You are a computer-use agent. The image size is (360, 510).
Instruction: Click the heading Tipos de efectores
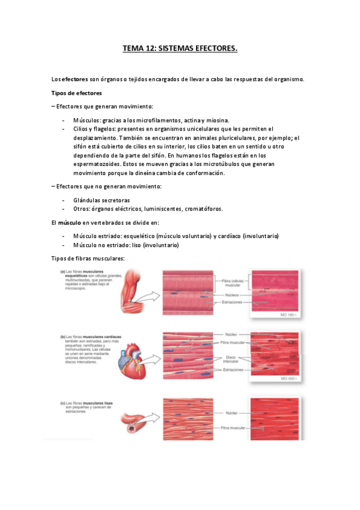point(76,93)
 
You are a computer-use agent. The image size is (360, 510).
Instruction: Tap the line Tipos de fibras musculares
point(88,258)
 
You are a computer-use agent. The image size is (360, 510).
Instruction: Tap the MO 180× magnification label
point(291,314)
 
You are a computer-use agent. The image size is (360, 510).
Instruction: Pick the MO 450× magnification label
point(291,379)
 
